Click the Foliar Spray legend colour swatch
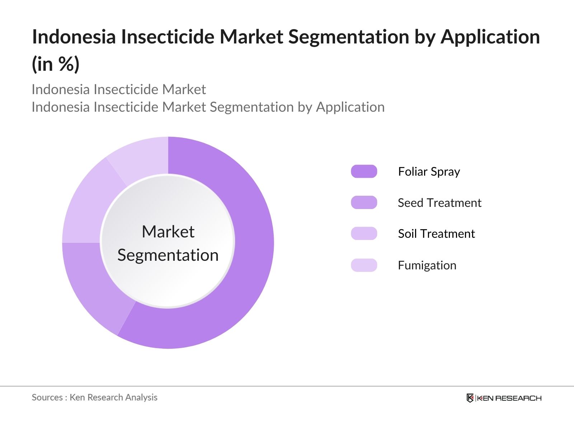(x=364, y=171)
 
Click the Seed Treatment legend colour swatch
(x=364, y=203)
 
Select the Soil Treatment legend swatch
(x=364, y=233)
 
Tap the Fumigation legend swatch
(x=364, y=265)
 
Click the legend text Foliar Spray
(x=429, y=172)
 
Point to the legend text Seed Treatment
(x=439, y=203)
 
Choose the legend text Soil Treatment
(x=436, y=234)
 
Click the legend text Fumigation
(x=427, y=265)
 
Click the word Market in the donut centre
(x=168, y=232)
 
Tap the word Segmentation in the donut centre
(x=168, y=255)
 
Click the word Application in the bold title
(x=490, y=37)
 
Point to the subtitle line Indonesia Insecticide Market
(x=119, y=89)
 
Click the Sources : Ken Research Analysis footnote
(x=95, y=397)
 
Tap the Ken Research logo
(x=504, y=398)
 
